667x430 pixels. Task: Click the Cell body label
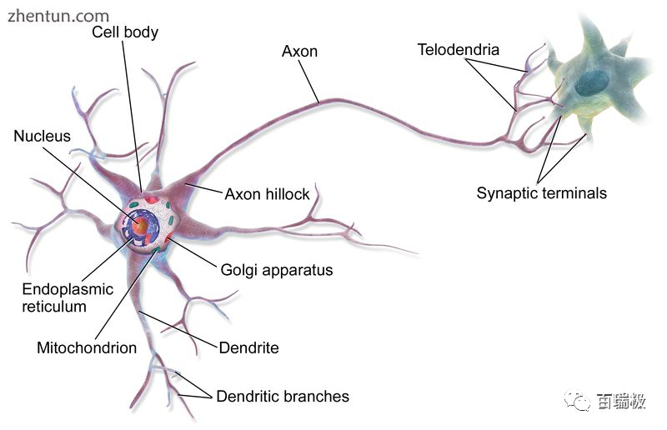pyautogui.click(x=124, y=32)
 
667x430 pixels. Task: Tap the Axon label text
pyautogui.click(x=299, y=51)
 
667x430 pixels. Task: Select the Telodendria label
pyautogui.click(x=458, y=49)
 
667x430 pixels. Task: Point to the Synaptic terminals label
pyautogui.click(x=541, y=193)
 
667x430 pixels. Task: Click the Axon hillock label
pyautogui.click(x=267, y=194)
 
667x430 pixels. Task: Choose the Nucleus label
pyautogui.click(x=42, y=135)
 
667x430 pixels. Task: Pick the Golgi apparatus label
pyautogui.click(x=276, y=270)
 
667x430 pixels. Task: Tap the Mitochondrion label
pyautogui.click(x=87, y=347)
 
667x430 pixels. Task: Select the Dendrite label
pyautogui.click(x=248, y=347)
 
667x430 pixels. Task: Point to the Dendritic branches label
pyautogui.click(x=283, y=396)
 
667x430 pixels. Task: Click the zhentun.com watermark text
pyautogui.click(x=58, y=15)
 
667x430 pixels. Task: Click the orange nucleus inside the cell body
pyautogui.click(x=142, y=225)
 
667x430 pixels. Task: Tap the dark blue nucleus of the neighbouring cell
pyautogui.click(x=594, y=82)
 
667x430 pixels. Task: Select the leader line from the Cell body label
pyautogui.click(x=133, y=117)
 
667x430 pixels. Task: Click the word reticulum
pyautogui.click(x=54, y=307)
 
